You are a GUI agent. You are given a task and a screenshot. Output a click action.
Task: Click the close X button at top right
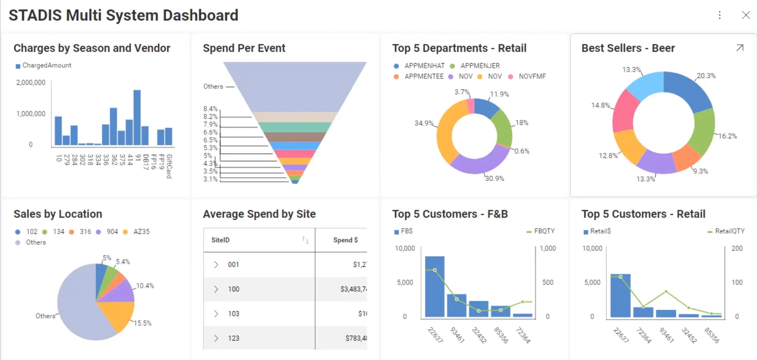(746, 15)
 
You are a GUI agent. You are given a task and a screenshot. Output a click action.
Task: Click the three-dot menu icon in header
(720, 15)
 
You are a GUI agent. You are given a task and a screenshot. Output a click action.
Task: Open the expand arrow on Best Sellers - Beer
(740, 48)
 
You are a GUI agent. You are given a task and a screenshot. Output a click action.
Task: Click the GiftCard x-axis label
(169, 166)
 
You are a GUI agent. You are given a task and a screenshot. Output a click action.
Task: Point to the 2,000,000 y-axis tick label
(31, 82)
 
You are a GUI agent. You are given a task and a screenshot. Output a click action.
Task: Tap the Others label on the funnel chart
(213, 86)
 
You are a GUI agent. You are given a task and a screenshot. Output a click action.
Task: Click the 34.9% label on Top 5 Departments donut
(423, 123)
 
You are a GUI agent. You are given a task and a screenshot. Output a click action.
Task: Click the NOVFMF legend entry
(532, 76)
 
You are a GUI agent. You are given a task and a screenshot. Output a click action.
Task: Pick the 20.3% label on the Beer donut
(706, 76)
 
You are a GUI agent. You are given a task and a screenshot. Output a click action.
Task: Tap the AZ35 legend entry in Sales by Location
(141, 231)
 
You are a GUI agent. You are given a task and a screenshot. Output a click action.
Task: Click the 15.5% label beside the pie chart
(142, 323)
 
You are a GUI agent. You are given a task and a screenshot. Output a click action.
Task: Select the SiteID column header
(220, 240)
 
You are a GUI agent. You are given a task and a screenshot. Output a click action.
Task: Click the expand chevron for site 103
(216, 313)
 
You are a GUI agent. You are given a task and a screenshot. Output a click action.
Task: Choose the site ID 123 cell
(233, 338)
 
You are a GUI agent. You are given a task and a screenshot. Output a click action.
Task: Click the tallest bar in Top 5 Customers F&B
(434, 287)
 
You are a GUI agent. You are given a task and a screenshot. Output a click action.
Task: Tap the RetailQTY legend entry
(729, 231)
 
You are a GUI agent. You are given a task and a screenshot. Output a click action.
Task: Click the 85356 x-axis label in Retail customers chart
(712, 335)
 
